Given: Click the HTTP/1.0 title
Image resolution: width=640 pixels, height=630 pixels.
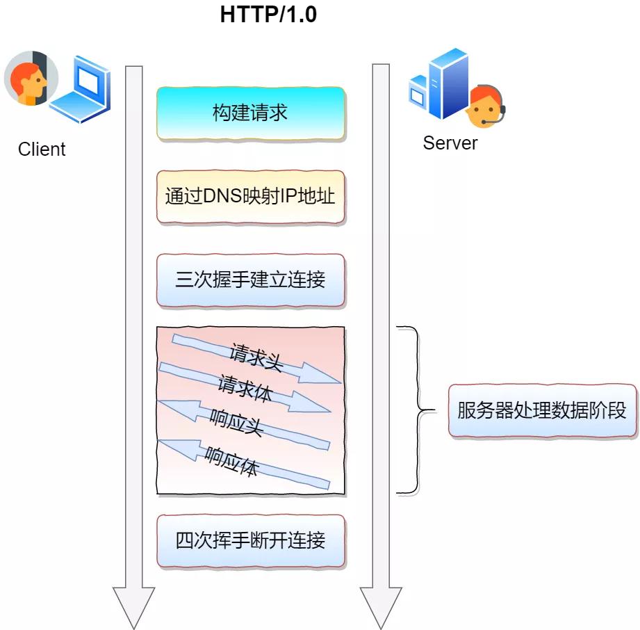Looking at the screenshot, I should [268, 15].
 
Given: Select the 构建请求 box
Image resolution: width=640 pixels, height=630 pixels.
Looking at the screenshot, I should [250, 113].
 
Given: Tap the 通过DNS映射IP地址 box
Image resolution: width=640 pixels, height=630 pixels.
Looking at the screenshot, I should [250, 196].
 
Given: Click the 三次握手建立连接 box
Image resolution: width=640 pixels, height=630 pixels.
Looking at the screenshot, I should [250, 280].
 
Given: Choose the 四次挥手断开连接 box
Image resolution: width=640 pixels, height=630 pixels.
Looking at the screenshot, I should [250, 540].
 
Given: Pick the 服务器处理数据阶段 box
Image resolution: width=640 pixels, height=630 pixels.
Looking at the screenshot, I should [542, 410].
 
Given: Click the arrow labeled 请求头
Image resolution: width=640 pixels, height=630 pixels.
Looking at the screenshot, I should [257, 357].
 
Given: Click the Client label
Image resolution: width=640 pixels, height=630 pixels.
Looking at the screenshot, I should [42, 150].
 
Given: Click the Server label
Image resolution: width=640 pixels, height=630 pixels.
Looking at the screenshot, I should [450, 143].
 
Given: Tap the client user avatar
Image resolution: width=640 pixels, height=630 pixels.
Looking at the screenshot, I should [26, 78].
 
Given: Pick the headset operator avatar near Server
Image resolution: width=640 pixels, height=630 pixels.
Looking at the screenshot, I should [485, 108].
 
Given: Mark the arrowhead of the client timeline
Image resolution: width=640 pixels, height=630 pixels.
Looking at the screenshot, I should [133, 605].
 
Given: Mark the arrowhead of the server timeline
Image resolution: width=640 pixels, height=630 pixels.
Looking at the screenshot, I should [381, 605].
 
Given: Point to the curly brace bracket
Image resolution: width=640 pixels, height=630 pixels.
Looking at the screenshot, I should [413, 410].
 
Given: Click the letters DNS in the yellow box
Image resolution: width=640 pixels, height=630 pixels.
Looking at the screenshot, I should [222, 196].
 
